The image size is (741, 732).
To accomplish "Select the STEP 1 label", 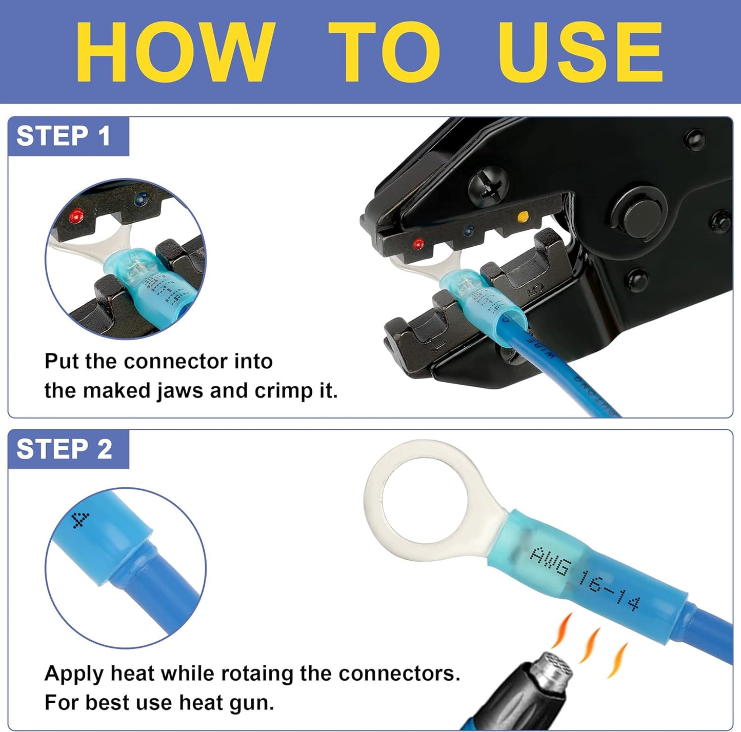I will pyautogui.click(x=64, y=136).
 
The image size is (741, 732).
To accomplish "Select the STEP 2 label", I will pyautogui.click(x=64, y=449).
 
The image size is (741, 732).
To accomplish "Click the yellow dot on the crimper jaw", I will pyautogui.click(x=523, y=216).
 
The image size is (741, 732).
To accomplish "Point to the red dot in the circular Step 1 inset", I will pyautogui.click(x=77, y=214).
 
